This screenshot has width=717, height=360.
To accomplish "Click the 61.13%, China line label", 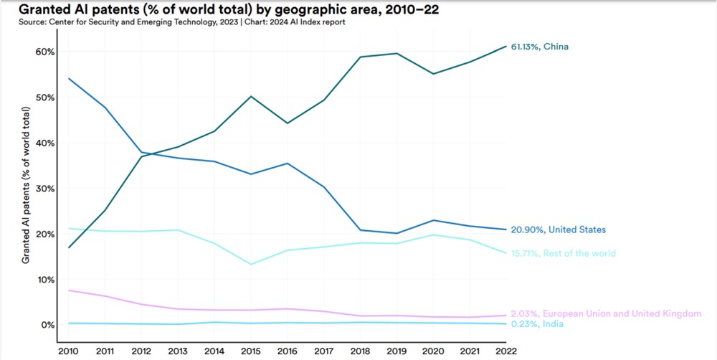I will [x=539, y=47].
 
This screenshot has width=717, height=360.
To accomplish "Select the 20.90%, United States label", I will [x=558, y=229].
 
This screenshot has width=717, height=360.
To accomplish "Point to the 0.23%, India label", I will [x=537, y=324].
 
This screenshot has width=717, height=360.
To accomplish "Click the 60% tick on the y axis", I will [x=45, y=52].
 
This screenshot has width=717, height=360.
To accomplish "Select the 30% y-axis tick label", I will [x=45, y=189].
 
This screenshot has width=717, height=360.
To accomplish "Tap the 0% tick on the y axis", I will [x=47, y=325].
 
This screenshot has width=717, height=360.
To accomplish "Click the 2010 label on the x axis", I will [x=67, y=350].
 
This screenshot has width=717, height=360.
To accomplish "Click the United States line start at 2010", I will [x=67, y=78].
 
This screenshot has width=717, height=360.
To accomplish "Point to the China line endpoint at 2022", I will [x=506, y=46].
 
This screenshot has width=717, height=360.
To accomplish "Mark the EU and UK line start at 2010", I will [x=67, y=290].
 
